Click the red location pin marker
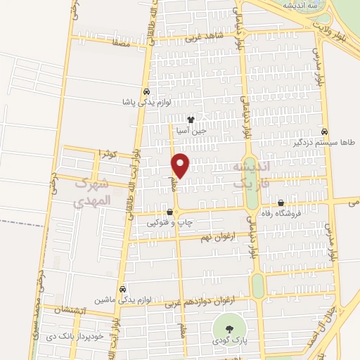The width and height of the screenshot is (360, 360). pos(180,165)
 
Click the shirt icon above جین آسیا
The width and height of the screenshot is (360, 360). pos(191,119)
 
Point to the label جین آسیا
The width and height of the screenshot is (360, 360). pos(191,130)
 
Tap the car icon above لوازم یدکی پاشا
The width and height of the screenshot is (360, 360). pos(146,92)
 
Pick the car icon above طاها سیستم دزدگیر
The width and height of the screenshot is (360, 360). pos(324,131)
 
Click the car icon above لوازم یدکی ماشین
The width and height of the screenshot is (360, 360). pos(123,288)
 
